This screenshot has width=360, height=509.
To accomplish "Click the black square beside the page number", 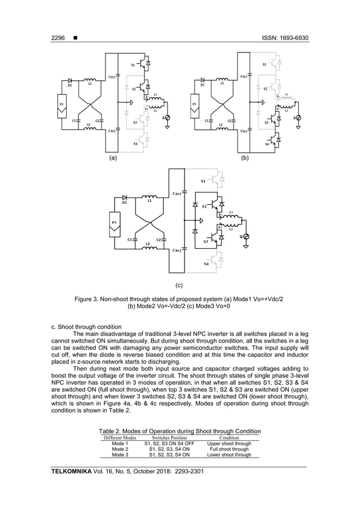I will point(75,38).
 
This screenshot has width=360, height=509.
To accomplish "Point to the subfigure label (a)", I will point(113,159).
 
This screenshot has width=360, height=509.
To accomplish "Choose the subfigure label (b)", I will point(244,159).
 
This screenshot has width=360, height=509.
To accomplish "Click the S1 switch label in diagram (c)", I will point(204,181).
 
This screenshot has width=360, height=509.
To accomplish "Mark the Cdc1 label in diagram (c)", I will point(177,194).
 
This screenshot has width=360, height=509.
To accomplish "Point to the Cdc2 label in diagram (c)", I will point(177,250).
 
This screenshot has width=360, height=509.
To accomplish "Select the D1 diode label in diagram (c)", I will point(125,201).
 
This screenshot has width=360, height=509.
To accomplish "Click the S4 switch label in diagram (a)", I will point(135,144).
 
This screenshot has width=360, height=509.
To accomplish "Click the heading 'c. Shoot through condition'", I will point(86,327).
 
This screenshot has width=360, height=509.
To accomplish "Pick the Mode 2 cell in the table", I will point(120,449).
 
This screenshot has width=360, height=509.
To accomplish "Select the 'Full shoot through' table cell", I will point(229,449).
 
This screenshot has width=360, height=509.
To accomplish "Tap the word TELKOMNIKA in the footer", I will point(72,471).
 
